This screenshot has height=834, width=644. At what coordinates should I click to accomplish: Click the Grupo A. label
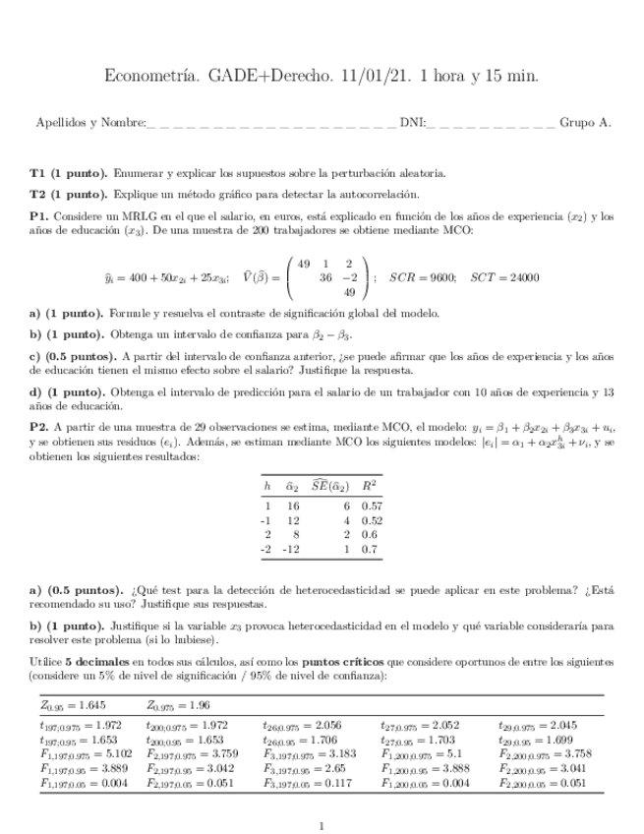pyautogui.click(x=585, y=123)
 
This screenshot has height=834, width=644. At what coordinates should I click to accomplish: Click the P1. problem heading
pyautogui.click(x=39, y=215)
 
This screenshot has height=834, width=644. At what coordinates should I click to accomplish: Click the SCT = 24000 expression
pyautogui.click(x=504, y=277)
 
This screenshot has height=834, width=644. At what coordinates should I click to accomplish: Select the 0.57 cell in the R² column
pyautogui.click(x=372, y=505)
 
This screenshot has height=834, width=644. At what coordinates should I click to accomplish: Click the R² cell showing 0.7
pyautogui.click(x=372, y=550)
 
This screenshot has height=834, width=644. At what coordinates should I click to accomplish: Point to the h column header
pyautogui.click(x=266, y=486)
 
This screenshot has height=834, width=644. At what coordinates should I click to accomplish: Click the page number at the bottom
pyautogui.click(x=322, y=826)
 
